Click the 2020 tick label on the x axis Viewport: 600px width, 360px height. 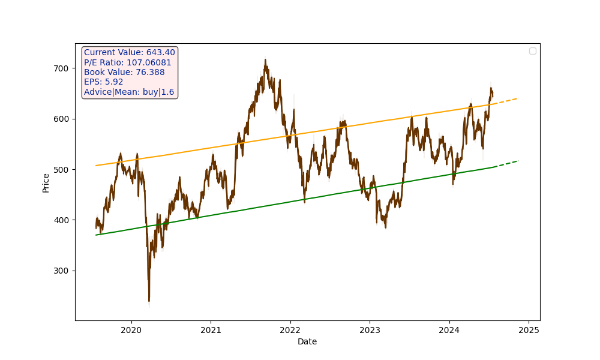click(131, 329)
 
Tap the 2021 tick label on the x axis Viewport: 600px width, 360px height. click(211, 329)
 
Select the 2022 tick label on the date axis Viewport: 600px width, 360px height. click(290, 329)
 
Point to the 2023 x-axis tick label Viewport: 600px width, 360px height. click(370, 329)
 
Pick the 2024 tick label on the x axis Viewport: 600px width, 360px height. click(449, 329)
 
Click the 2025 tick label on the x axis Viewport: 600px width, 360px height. click(529, 329)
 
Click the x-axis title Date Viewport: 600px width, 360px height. click(307, 342)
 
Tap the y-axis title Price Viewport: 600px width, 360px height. click(46, 182)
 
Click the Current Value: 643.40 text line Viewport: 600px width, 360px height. click(130, 53)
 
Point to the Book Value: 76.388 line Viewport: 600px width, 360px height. click(124, 72)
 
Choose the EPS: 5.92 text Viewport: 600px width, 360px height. click(104, 82)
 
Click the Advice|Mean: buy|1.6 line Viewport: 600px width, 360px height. click(129, 92)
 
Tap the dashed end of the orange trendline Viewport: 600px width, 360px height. click(507, 100)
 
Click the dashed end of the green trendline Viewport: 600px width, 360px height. click(507, 163)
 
